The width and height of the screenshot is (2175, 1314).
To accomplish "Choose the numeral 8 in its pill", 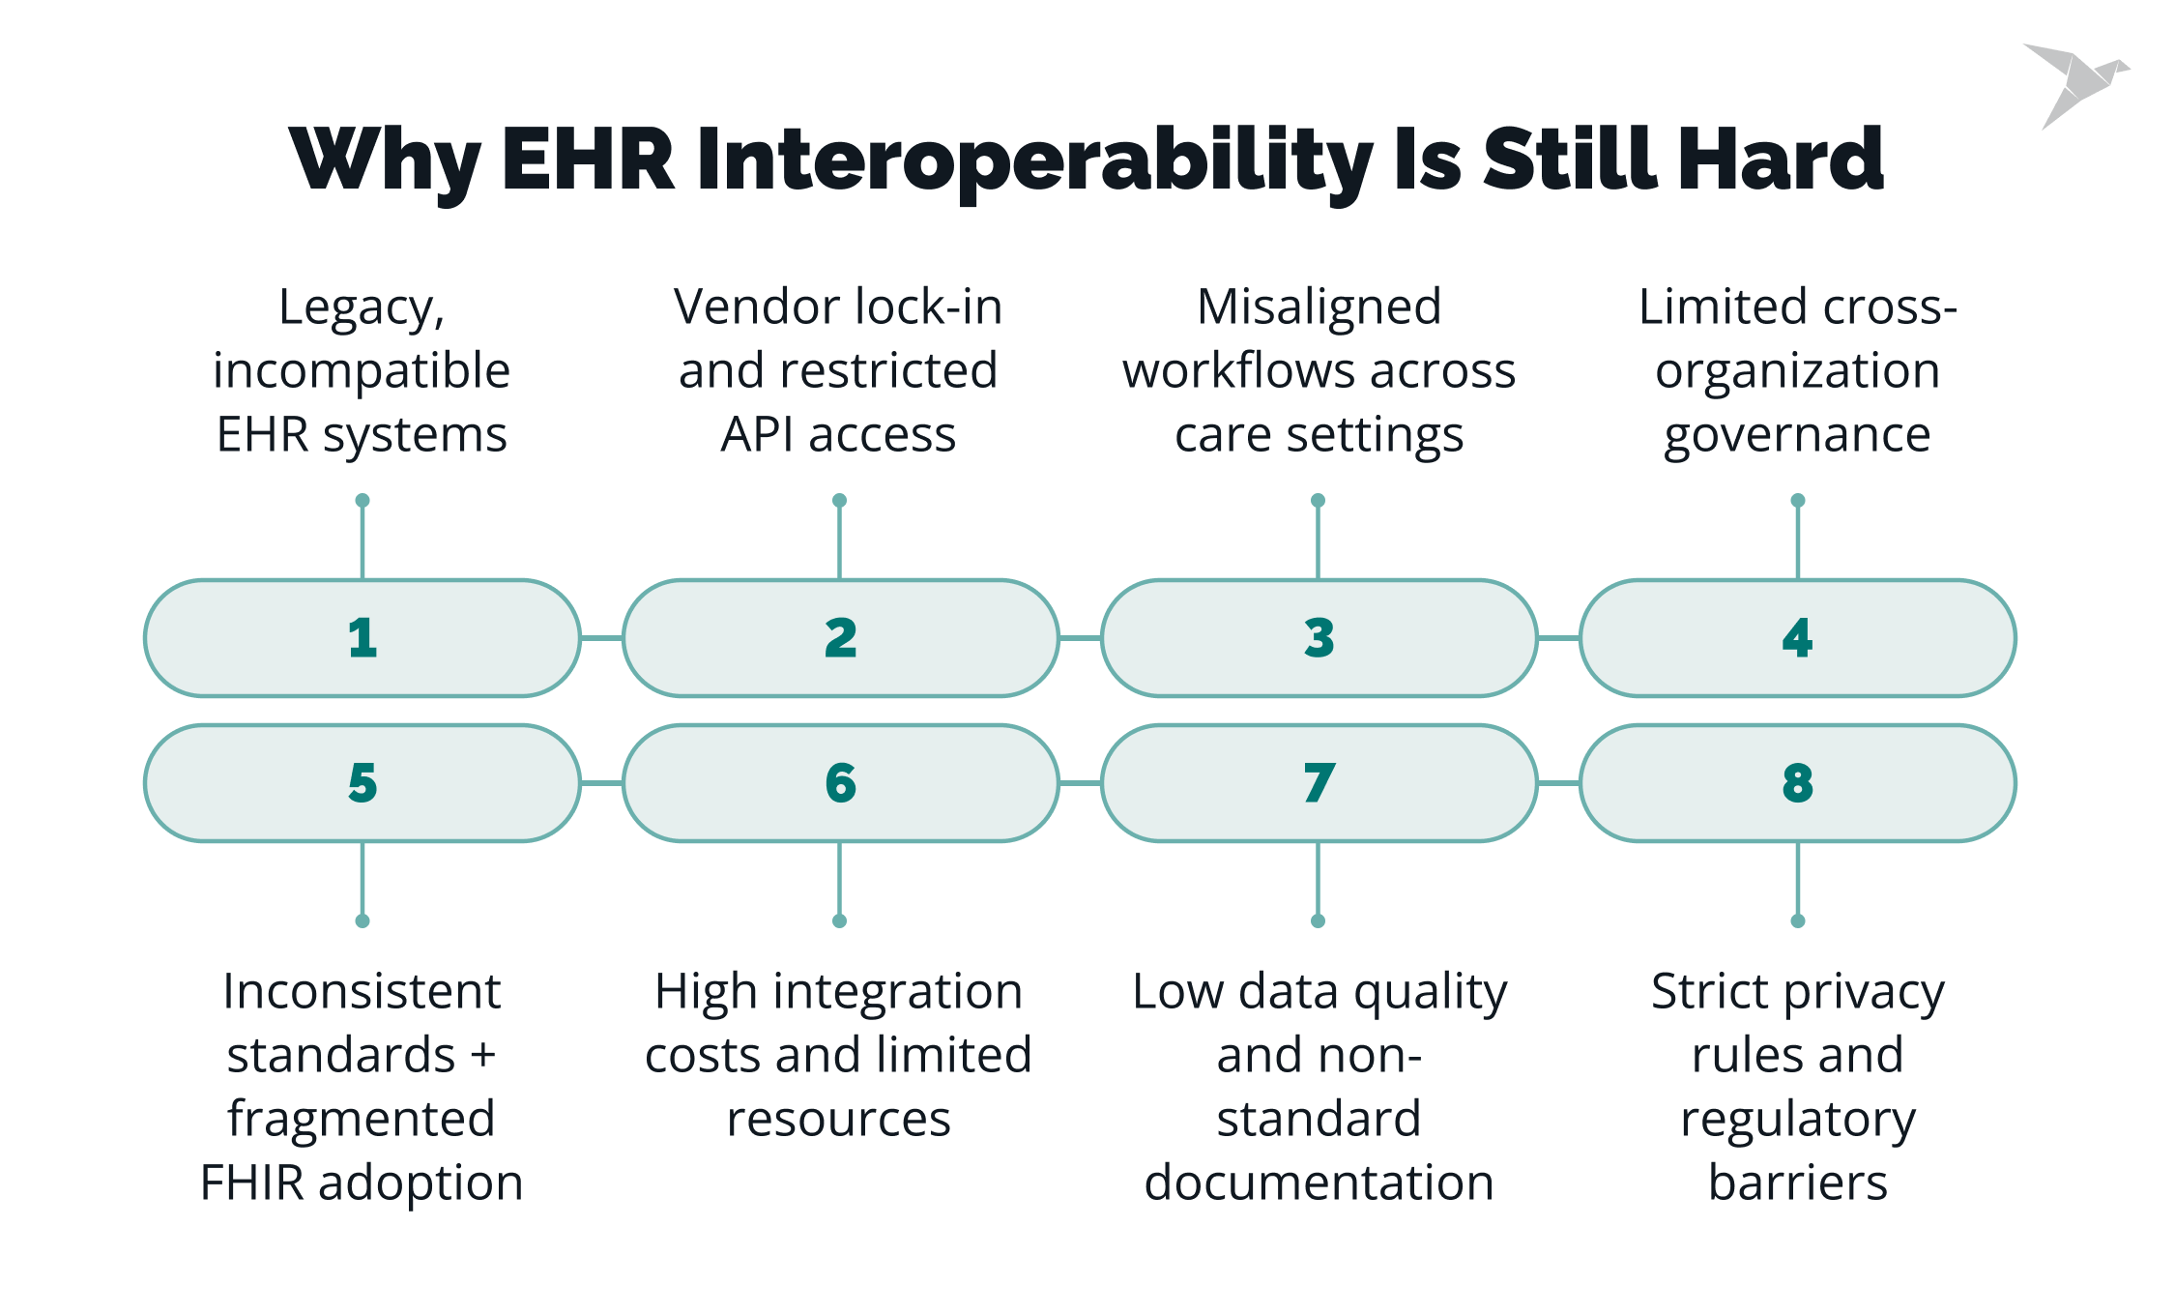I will tap(1798, 784).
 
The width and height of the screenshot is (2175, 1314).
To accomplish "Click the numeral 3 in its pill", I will tap(1319, 639).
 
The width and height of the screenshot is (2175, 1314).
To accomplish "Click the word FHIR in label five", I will tap(252, 1183).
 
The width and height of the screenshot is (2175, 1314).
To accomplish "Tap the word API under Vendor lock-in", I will tap(757, 435).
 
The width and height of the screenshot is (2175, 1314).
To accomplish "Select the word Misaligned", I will tap(1319, 307).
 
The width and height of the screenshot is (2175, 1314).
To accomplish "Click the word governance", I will tap(1797, 436).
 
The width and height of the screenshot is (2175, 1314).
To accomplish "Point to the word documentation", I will tap(1319, 1183).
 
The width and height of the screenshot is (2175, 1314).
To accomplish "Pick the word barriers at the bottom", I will tap(1797, 1183).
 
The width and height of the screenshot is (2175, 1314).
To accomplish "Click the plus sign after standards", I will tap(482, 1055).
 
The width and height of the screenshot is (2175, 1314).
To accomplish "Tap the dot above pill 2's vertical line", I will tap(839, 501).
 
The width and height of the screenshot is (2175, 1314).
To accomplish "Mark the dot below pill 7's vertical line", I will tap(1318, 920).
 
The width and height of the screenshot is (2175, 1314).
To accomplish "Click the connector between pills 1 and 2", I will tap(601, 638).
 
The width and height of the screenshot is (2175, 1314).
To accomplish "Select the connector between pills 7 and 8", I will tap(1558, 783).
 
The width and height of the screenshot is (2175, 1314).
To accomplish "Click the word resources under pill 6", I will tap(838, 1120).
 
